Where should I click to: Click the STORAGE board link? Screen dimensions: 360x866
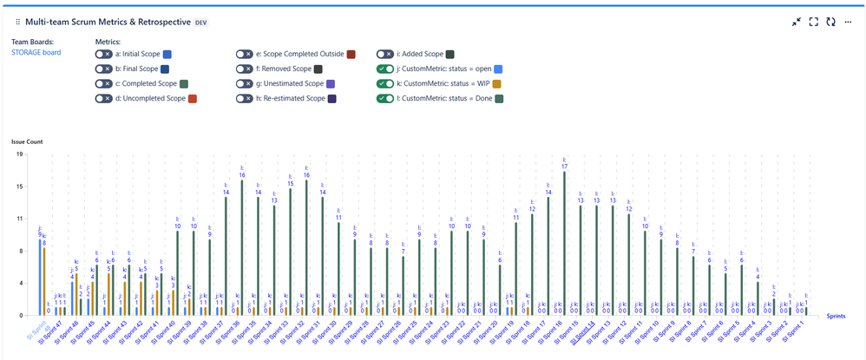point(36,53)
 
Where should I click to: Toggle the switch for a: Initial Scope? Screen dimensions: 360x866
point(104,54)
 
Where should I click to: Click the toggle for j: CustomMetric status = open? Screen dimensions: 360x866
point(385,69)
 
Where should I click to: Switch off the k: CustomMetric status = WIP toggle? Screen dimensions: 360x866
point(385,83)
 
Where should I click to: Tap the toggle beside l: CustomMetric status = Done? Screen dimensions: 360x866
point(385,98)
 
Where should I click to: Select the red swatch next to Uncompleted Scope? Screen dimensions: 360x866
point(193,98)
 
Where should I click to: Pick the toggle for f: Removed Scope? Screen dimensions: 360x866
point(245,69)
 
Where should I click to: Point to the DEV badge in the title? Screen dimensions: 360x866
point(200,21)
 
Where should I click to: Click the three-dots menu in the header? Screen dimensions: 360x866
point(848,22)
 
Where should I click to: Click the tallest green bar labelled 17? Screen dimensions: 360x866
point(564,243)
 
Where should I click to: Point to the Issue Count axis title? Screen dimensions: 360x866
point(27,141)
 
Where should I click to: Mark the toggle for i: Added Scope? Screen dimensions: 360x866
point(385,54)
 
